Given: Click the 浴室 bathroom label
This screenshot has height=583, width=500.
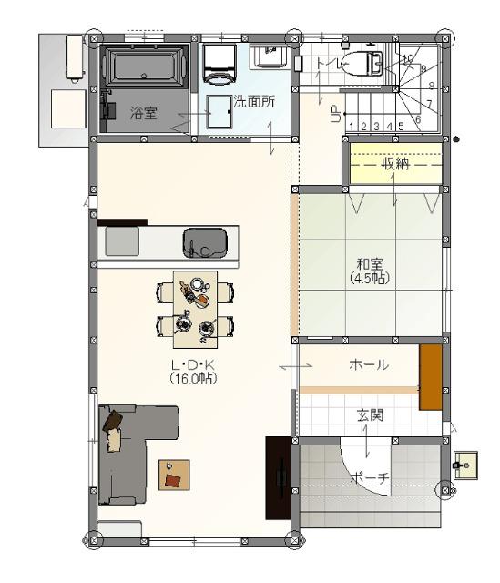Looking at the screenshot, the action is (144, 113).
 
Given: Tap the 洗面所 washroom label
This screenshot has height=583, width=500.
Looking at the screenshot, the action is (254, 101).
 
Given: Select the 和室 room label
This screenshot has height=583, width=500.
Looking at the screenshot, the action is (370, 264).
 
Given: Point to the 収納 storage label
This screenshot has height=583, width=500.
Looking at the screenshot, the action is (396, 164).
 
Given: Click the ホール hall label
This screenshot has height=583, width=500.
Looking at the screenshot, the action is (369, 364).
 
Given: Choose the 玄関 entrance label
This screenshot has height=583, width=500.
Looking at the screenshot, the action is (370, 415).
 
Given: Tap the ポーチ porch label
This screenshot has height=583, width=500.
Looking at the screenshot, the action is (370, 477).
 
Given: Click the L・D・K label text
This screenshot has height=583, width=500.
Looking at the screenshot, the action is (193, 364).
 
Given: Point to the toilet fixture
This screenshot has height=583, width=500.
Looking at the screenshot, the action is (362, 64).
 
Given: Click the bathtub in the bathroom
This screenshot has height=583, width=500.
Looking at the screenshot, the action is (144, 66).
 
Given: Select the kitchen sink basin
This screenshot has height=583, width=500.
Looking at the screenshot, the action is (205, 243).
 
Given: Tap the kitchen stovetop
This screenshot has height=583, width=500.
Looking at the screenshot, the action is (122, 240).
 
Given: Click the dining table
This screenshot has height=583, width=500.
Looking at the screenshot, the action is (196, 310).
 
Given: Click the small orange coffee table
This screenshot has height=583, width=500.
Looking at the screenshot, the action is (174, 475).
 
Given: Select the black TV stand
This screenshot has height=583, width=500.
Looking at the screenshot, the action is (279, 477).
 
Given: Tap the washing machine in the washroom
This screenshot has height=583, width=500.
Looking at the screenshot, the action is (219, 64).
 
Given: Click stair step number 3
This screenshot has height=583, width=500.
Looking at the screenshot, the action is (376, 127).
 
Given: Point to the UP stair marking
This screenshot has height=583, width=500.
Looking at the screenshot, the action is (336, 114).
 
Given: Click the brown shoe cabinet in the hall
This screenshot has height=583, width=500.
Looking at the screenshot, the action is (431, 377).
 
